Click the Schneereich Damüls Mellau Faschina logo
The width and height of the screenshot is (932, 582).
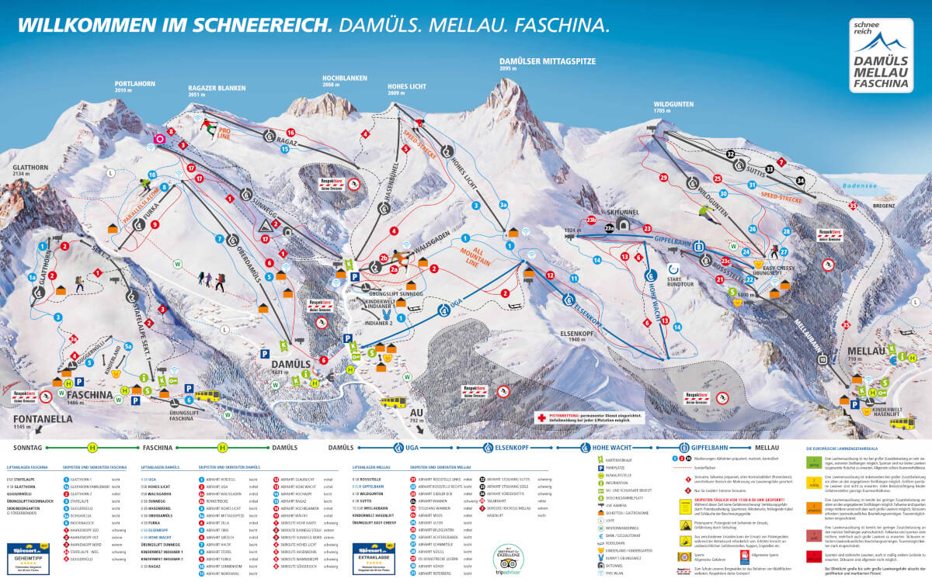coord(879,54)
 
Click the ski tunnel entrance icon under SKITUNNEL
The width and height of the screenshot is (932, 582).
coord(609,227)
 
